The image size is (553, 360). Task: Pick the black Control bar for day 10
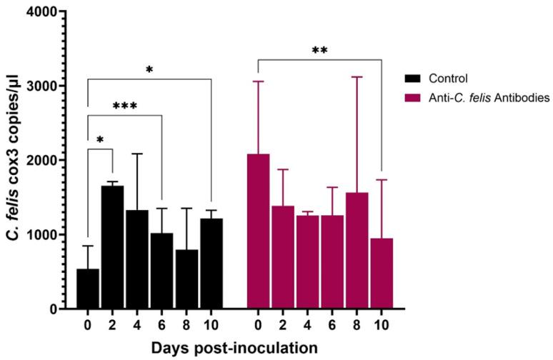tap(211, 264)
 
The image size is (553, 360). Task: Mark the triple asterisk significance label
tap(124, 106)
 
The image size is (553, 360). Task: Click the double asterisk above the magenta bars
tap(319, 51)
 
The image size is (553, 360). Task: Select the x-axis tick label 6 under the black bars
tap(162, 323)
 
